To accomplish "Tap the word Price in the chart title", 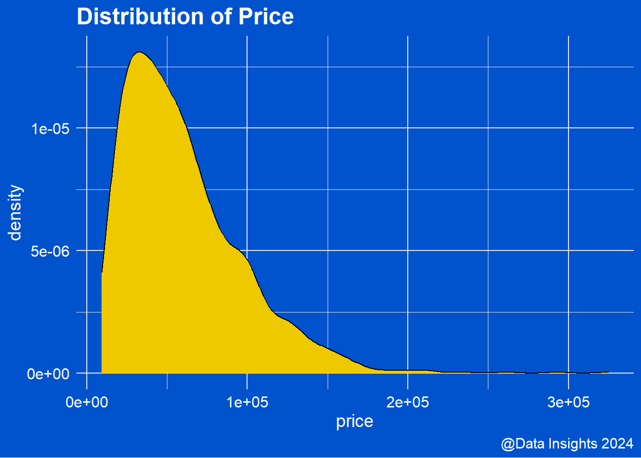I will point(266,17).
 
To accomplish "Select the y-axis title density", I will point(15,213).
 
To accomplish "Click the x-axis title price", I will point(354,421).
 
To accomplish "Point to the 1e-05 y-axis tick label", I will point(51,129).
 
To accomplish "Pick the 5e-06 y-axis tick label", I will point(51,251).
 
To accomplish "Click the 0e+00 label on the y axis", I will point(49,374).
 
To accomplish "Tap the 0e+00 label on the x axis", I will point(87,403).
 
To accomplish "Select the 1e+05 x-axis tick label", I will point(247,403).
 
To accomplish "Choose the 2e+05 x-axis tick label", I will point(408,403).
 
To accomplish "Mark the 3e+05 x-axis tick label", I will point(569,403).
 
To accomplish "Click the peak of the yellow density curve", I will point(139,52).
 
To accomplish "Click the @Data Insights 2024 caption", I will point(567,444).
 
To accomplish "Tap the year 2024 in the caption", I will point(617,444).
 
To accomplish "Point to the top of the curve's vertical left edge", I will point(102,272).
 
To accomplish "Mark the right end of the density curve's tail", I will point(609,372).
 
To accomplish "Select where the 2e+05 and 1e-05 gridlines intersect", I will point(408,128).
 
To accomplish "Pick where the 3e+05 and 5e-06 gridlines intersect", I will point(569,250).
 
